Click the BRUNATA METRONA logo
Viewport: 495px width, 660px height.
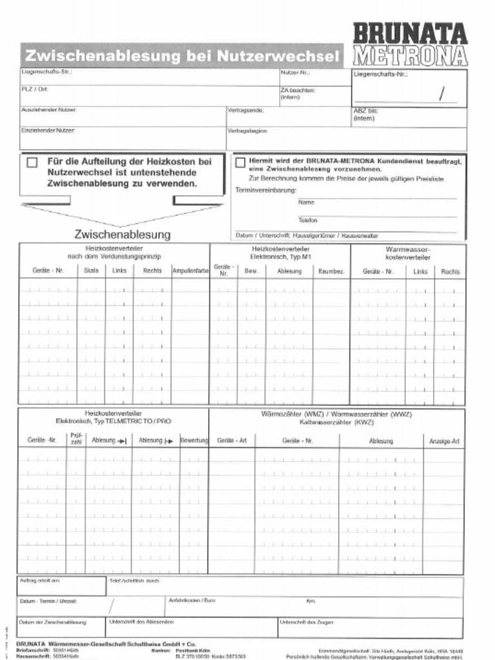click(410, 44)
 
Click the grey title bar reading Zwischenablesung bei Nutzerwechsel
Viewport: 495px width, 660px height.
click(181, 56)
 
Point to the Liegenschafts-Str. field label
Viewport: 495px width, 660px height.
click(46, 72)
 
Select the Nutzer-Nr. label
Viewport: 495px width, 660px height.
click(295, 72)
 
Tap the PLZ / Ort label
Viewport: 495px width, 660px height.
click(35, 89)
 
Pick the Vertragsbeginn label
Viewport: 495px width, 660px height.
click(247, 131)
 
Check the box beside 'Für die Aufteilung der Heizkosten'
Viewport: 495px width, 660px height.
click(32, 163)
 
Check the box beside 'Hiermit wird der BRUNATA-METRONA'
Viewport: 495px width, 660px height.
click(240, 162)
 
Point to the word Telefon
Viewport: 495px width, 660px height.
click(307, 220)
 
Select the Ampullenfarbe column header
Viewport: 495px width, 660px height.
click(190, 271)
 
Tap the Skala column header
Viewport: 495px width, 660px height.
click(91, 271)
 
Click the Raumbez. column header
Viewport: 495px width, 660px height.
click(331, 271)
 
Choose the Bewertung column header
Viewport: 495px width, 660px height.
click(194, 441)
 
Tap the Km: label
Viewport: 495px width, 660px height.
click(311, 601)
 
